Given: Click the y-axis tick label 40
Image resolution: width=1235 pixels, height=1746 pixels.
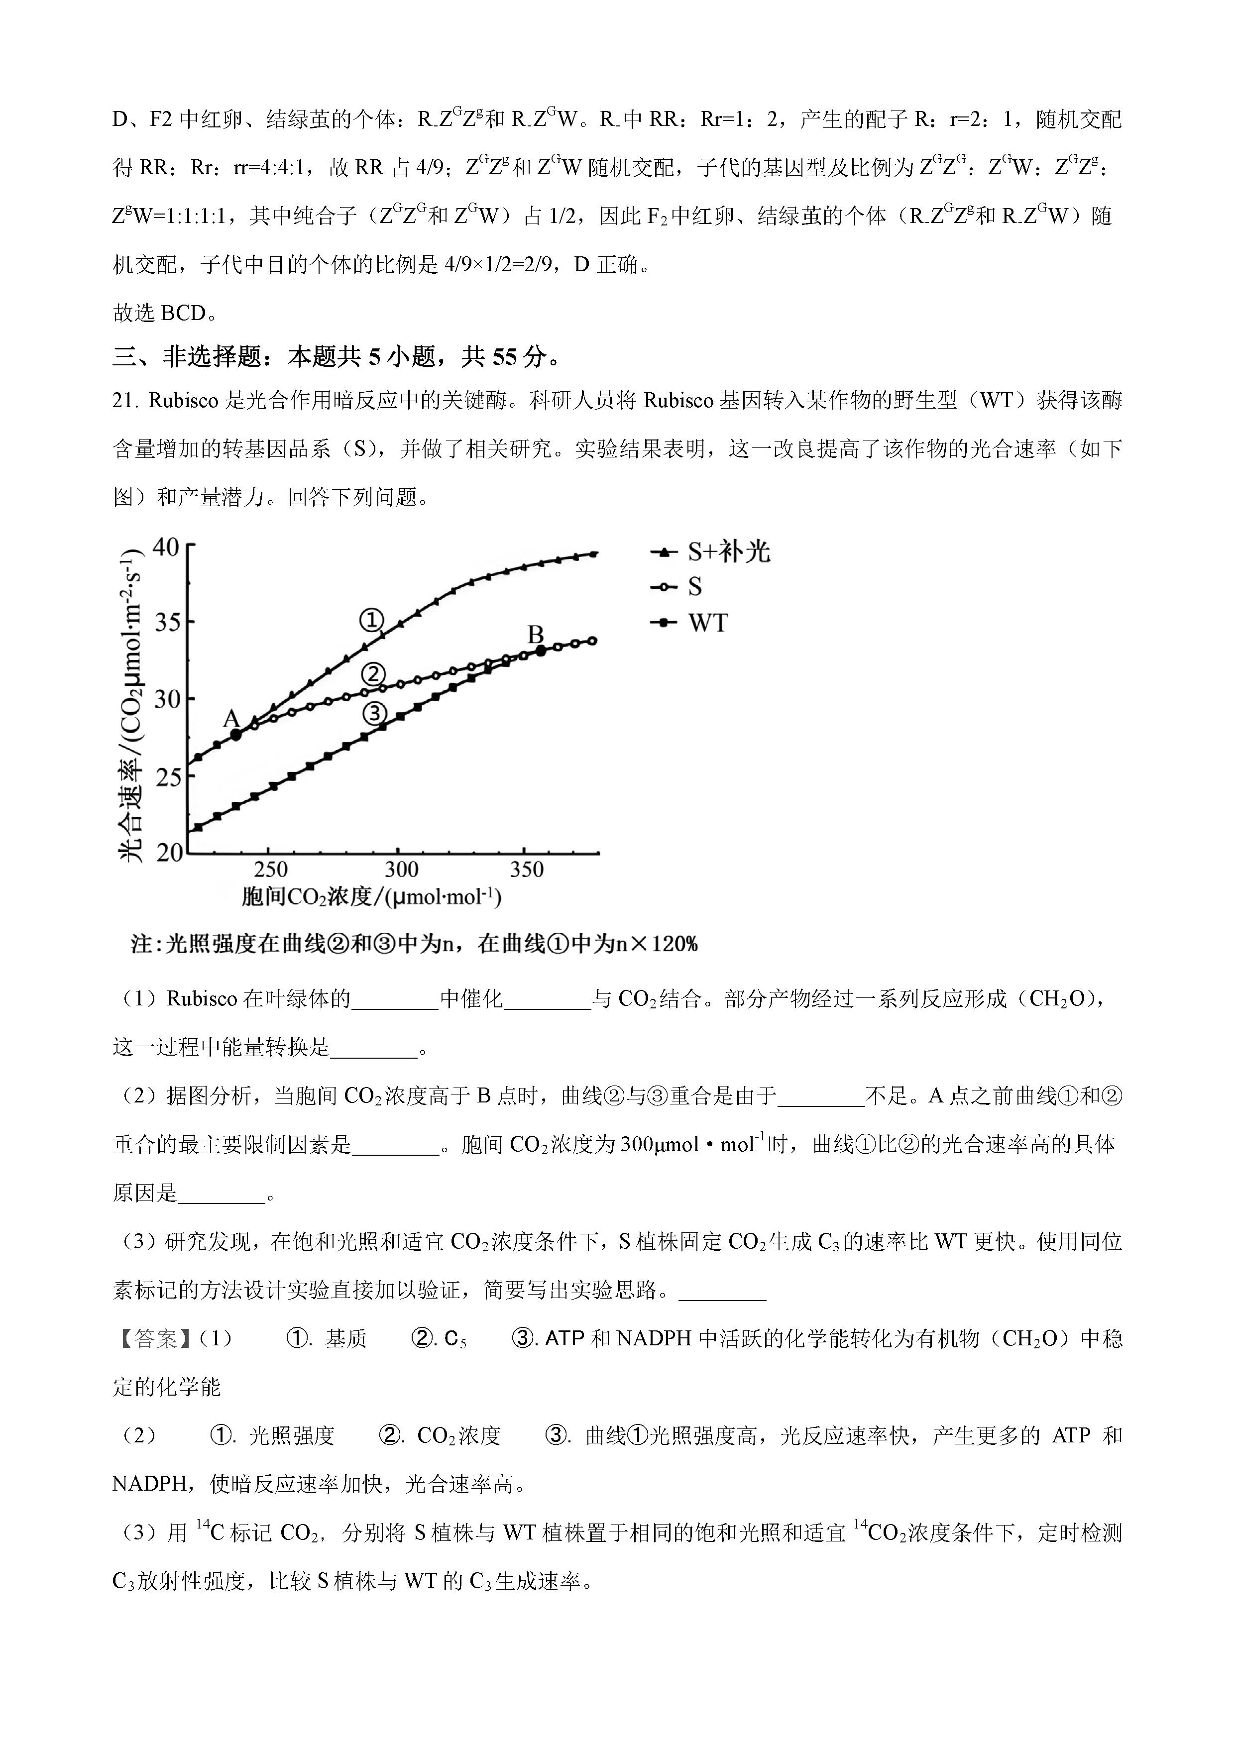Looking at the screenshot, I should (166, 547).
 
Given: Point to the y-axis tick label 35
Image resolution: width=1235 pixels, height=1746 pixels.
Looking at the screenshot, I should (166, 623).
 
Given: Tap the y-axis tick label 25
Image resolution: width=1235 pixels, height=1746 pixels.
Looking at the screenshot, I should (166, 776).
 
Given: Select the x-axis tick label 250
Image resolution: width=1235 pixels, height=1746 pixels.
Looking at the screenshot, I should (270, 869).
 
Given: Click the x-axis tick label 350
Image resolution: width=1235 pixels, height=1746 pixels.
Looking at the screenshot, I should (526, 869).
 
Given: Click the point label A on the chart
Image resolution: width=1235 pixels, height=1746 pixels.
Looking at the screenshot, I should (230, 719).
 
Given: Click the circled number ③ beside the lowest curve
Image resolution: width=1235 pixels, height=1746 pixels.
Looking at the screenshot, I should (374, 713).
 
